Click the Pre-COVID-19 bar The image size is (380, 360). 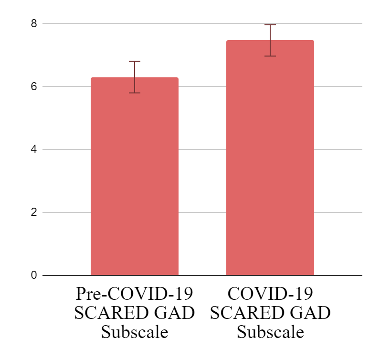point(134,177)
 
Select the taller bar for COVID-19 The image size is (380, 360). point(270,158)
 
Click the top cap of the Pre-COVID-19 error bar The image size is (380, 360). point(135,62)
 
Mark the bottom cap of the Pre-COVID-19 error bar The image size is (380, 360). point(135,93)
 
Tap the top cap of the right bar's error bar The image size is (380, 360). point(270,25)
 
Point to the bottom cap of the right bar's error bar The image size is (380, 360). point(270,56)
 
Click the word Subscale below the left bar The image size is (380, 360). point(135,332)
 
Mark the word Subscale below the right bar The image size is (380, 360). point(270,332)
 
